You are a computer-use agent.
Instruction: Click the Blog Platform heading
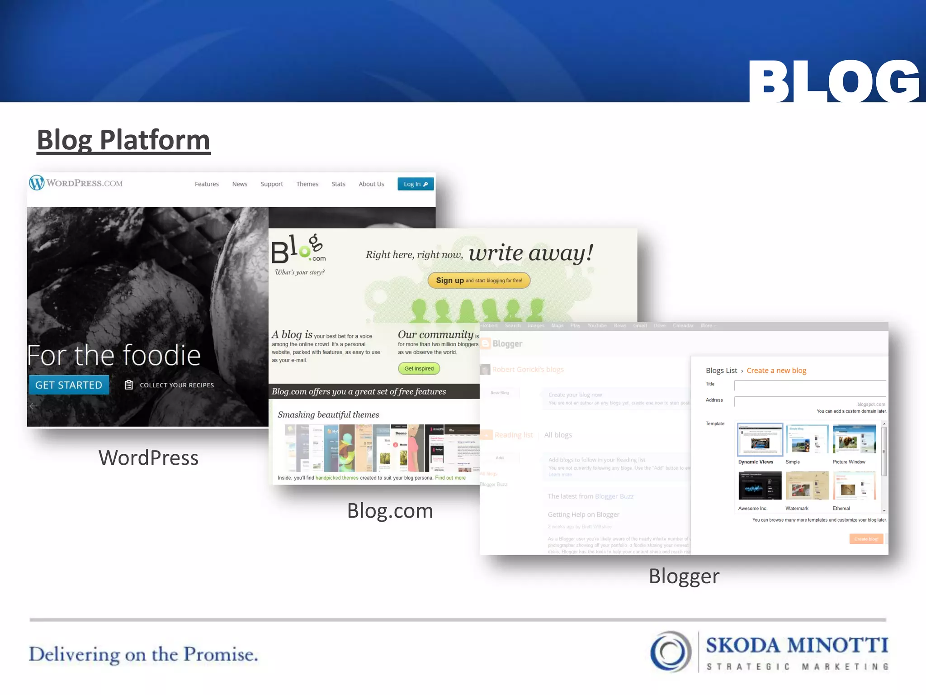[x=123, y=140]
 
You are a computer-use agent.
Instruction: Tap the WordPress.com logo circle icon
[x=37, y=183]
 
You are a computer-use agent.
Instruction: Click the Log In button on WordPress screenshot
[x=415, y=184]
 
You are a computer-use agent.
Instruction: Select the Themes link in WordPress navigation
[x=307, y=184]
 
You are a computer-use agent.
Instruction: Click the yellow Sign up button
[x=479, y=281]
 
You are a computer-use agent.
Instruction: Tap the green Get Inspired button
[x=419, y=368]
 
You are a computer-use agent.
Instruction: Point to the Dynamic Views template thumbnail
[x=760, y=439]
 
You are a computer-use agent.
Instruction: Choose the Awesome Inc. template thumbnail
[x=760, y=486]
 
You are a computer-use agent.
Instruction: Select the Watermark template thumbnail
[x=807, y=486]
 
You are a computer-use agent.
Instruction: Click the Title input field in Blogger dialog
[x=809, y=385]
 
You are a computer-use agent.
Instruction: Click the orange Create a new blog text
[x=776, y=371]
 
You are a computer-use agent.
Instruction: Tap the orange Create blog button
[x=866, y=539]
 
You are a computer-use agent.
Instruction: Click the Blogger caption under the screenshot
[x=684, y=576]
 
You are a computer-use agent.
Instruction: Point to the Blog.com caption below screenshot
[x=390, y=511]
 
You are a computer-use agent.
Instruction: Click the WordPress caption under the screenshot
[x=148, y=458]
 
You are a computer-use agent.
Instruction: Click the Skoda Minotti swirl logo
[x=671, y=652]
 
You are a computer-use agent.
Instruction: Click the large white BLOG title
[x=834, y=81]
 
